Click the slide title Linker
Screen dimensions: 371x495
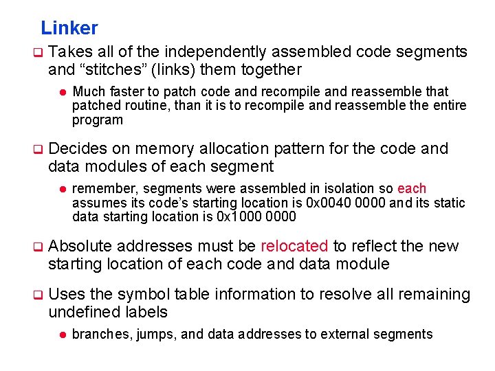pos(69,28)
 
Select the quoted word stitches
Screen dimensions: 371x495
pos(113,69)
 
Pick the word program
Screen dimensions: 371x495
pos(97,120)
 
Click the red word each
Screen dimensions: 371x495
pos(412,189)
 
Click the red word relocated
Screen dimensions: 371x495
pos(294,247)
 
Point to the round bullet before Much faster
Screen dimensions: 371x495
pos(61,92)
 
